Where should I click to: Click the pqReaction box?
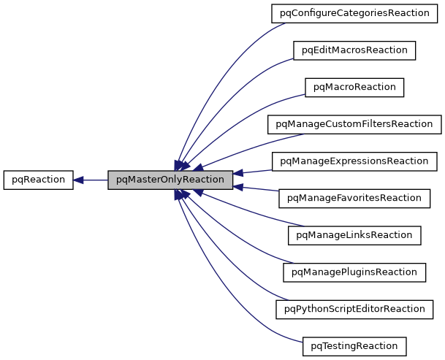click(38, 180)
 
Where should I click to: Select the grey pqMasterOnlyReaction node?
click(170, 180)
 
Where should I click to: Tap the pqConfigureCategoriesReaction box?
click(354, 13)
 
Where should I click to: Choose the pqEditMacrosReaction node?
click(354, 50)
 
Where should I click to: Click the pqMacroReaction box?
click(354, 87)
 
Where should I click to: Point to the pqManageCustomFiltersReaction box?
click(354, 124)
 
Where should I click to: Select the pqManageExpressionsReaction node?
click(354, 161)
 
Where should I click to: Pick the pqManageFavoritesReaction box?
click(354, 198)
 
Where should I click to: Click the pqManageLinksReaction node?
click(354, 235)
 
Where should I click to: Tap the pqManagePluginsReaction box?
click(354, 272)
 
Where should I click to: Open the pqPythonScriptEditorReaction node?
click(354, 309)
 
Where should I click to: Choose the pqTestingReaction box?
click(354, 345)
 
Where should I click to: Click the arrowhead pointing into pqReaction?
click(79, 180)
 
